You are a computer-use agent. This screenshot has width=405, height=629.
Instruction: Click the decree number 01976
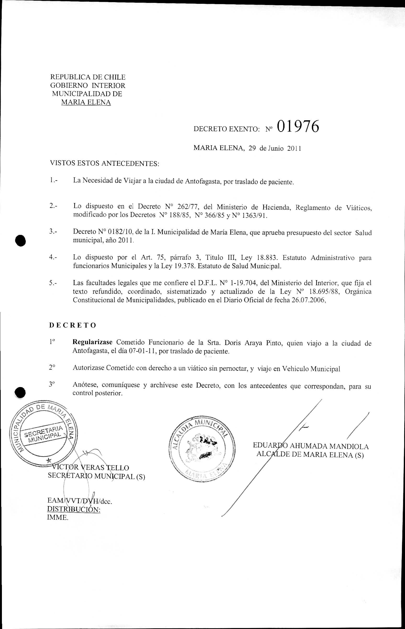pyautogui.click(x=298, y=127)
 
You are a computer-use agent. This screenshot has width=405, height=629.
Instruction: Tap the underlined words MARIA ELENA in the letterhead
pyautogui.click(x=86, y=102)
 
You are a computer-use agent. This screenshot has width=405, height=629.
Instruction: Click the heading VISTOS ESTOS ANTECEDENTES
pyautogui.click(x=104, y=164)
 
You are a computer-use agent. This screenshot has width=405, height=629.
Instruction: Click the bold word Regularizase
pyautogui.click(x=92, y=342)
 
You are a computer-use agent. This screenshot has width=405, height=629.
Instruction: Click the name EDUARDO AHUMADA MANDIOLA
pyautogui.click(x=311, y=446)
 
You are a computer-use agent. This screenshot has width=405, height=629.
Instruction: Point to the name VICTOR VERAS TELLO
pyautogui.click(x=91, y=468)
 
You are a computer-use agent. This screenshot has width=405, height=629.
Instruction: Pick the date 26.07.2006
pyautogui.click(x=308, y=300)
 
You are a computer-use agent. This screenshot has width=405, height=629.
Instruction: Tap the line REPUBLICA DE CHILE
pyautogui.click(x=88, y=77)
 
